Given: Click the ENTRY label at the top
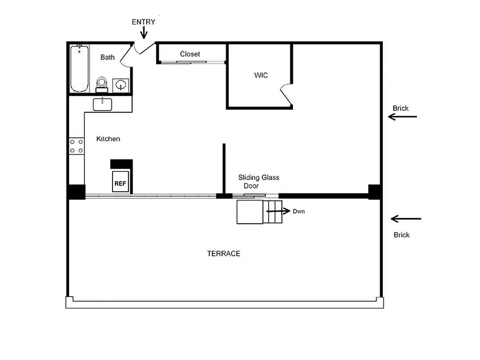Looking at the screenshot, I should (x=144, y=22).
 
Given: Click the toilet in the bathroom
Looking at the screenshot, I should (x=102, y=84).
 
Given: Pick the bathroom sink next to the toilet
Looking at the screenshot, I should (x=121, y=85).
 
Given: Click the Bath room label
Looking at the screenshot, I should (x=108, y=57).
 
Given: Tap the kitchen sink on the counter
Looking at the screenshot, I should (x=103, y=104).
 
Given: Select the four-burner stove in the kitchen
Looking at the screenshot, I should (x=76, y=146).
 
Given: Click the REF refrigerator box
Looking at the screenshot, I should (x=120, y=183).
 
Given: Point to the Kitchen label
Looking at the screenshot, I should (x=108, y=139).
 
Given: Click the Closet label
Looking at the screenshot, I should (x=190, y=54).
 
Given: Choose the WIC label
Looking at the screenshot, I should (x=261, y=75).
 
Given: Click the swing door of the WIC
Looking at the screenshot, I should (x=286, y=95).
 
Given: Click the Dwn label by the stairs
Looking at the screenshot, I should (x=299, y=211).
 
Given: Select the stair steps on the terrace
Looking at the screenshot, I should (x=273, y=212).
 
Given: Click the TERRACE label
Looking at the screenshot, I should (x=224, y=254).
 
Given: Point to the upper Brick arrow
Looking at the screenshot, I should (x=403, y=117).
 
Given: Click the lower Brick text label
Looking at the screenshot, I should (x=402, y=235).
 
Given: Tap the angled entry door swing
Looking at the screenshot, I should (x=145, y=47).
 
